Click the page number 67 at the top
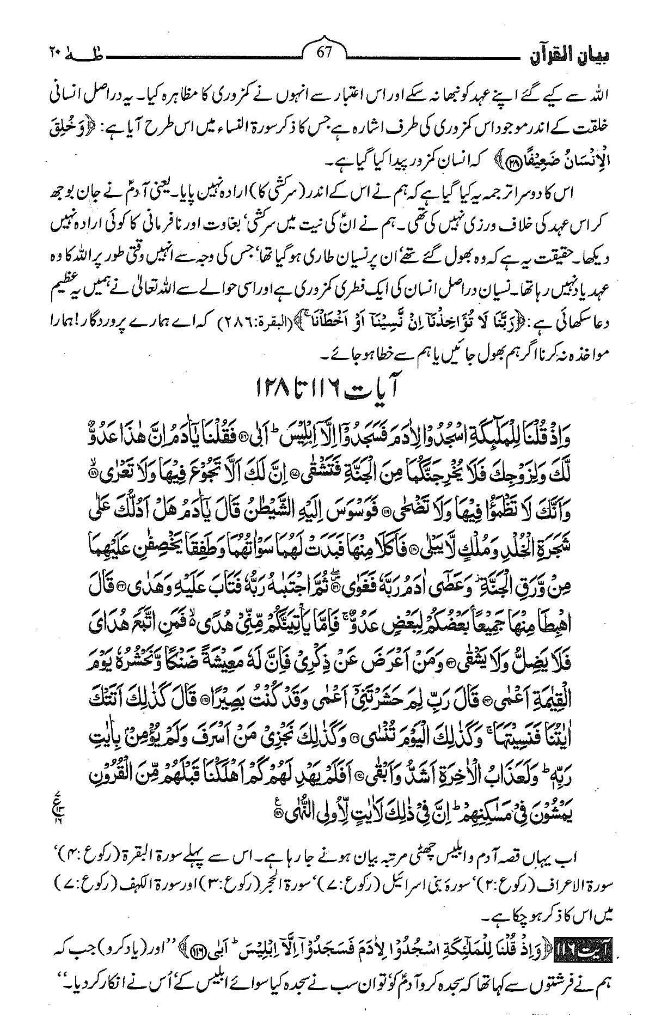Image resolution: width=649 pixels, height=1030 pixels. pos(324,55)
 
